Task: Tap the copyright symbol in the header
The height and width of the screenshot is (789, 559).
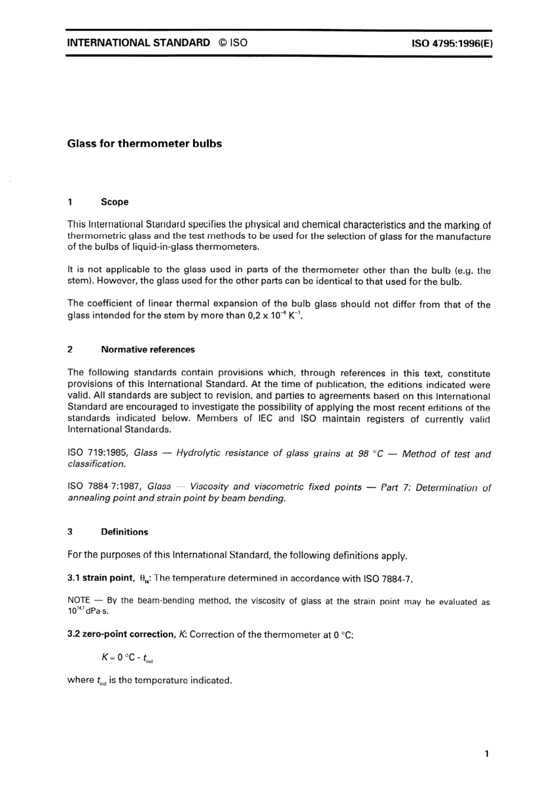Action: coord(221,43)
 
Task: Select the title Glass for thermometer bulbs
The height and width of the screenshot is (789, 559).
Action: coord(144,144)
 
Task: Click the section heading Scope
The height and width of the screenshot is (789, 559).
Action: coord(114,202)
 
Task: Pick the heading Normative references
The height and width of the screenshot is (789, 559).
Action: coord(147,349)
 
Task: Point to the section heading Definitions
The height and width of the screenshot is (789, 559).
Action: coord(124,532)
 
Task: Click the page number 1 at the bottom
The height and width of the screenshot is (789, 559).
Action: coord(486,754)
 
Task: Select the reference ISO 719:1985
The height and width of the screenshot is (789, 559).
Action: coord(98,453)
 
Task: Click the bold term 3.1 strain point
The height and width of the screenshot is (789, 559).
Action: coord(101,578)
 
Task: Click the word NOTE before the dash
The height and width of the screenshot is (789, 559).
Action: coord(78,601)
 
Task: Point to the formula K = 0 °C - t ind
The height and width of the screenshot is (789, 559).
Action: coord(127,658)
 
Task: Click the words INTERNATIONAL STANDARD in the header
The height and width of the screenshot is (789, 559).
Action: coord(138,43)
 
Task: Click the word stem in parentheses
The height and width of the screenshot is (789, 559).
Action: coord(79,281)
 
